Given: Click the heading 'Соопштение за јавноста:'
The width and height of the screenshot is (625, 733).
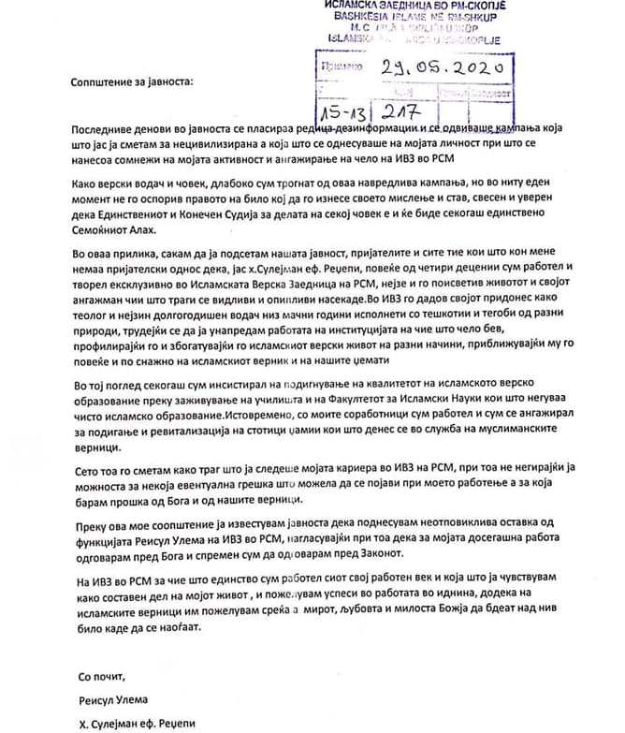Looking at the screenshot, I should [x=131, y=81].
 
